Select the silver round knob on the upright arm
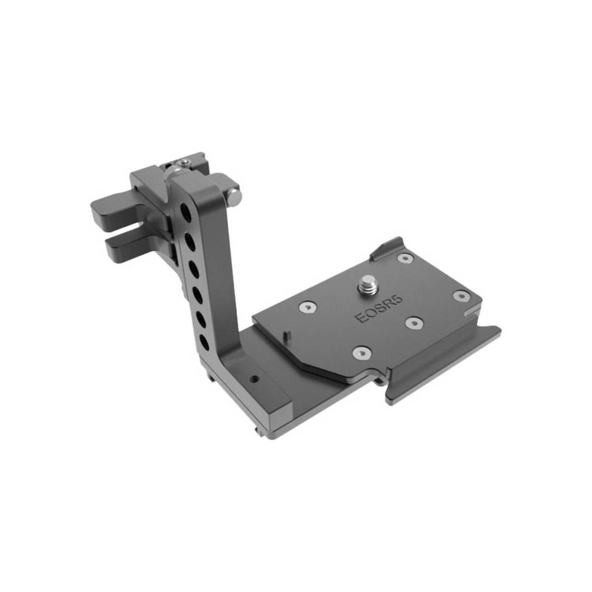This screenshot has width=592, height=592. pyautogui.click(x=234, y=195)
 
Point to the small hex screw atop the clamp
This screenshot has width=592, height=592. pyautogui.click(x=186, y=162)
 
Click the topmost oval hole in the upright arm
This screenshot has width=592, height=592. pyautogui.click(x=186, y=211)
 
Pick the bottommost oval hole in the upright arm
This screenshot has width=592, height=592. pyautogui.click(x=204, y=341)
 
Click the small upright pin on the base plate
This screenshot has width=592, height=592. pyautogui.click(x=287, y=335)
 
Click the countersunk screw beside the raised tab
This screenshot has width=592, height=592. pyautogui.click(x=405, y=258)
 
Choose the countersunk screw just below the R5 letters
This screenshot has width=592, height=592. pyautogui.click(x=413, y=324)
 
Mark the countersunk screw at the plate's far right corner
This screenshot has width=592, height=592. pyautogui.click(x=461, y=295)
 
